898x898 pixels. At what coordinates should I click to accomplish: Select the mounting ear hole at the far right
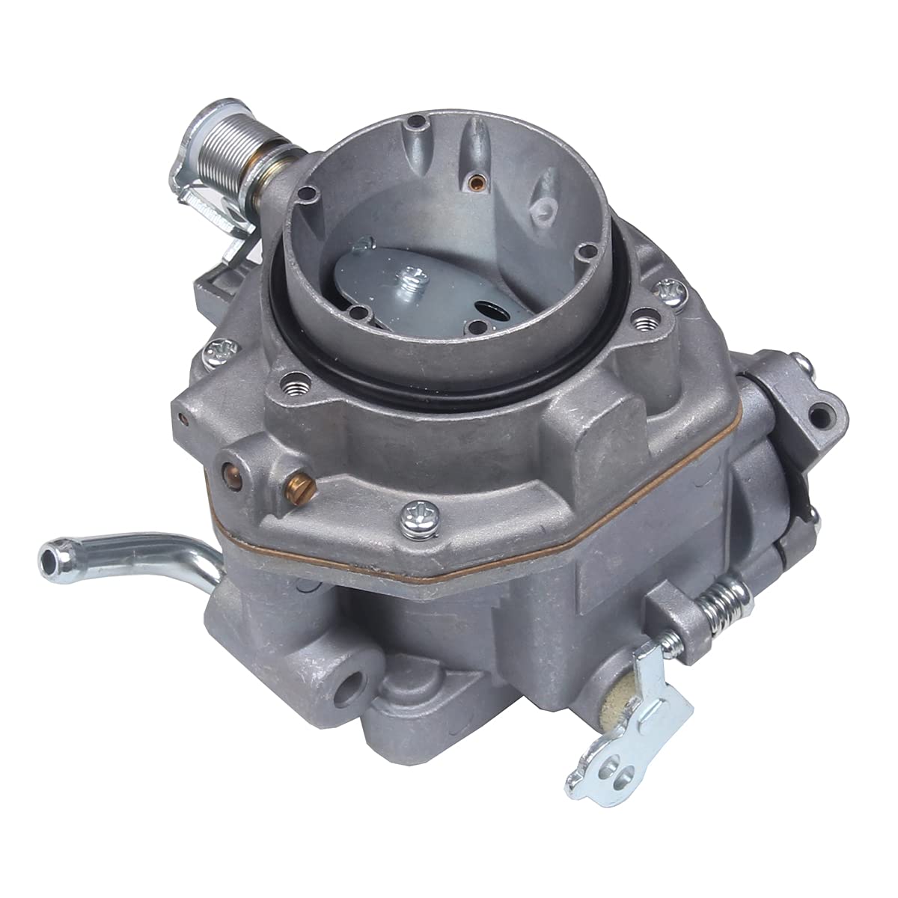[x=823, y=411]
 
